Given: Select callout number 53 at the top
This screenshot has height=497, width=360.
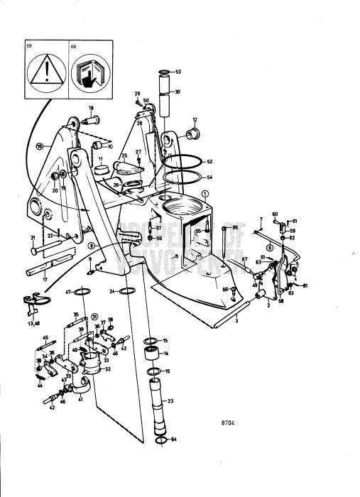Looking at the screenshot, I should pyautogui.click(x=178, y=72).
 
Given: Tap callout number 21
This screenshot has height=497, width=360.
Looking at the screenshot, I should pyautogui.click(x=32, y=237).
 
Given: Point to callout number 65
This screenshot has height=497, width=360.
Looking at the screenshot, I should pyautogui.click(x=235, y=227).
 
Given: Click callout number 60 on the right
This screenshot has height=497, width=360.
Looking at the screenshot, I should pyautogui.click(x=275, y=214).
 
